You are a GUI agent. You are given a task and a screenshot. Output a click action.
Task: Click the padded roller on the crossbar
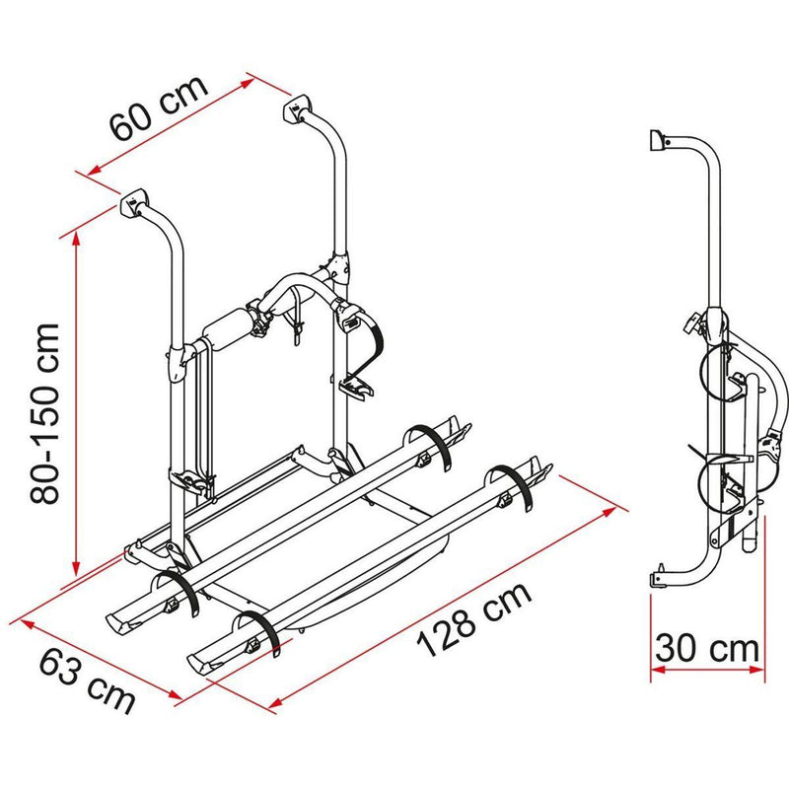228,328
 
